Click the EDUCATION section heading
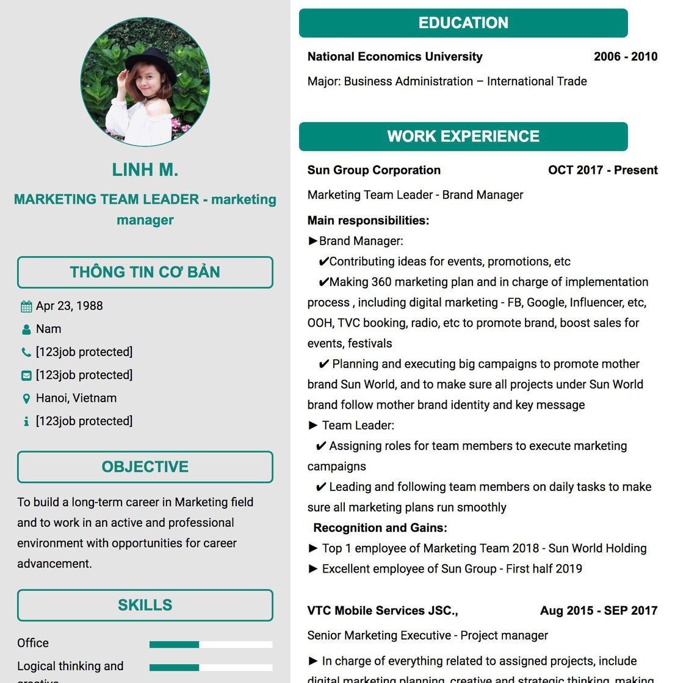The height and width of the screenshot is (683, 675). click(463, 23)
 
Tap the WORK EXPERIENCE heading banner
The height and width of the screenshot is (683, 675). click(463, 137)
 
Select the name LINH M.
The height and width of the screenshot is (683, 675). click(145, 170)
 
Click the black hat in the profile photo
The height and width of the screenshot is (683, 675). click(150, 64)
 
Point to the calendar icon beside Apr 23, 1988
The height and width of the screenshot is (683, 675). click(26, 306)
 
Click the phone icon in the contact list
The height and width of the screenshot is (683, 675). click(26, 352)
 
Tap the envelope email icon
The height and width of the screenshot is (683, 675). click(26, 376)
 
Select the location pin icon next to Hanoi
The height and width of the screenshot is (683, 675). click(26, 399)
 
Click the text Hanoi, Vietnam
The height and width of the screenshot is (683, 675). click(76, 398)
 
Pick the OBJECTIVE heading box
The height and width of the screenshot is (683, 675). click(145, 467)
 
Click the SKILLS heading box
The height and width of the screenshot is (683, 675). click(145, 605)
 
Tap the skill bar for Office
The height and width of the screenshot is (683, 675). click(211, 645)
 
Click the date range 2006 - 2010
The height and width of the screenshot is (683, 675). click(626, 57)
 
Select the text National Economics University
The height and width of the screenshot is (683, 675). click(395, 57)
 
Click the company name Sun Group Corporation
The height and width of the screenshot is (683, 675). click(374, 170)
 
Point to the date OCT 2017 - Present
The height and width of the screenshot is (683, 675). click(602, 170)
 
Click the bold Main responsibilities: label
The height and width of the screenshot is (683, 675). click(368, 221)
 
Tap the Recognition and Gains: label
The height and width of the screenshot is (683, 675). click(380, 528)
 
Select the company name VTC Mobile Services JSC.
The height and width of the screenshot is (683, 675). click(382, 610)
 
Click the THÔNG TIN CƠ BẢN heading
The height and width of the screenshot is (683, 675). click(145, 273)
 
